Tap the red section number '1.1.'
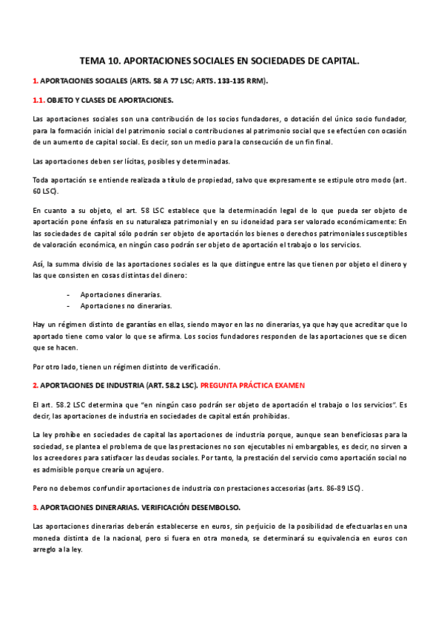41,99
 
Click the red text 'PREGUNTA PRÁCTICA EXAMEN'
252,385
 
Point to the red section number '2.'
36,385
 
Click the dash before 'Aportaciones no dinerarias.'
68,305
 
